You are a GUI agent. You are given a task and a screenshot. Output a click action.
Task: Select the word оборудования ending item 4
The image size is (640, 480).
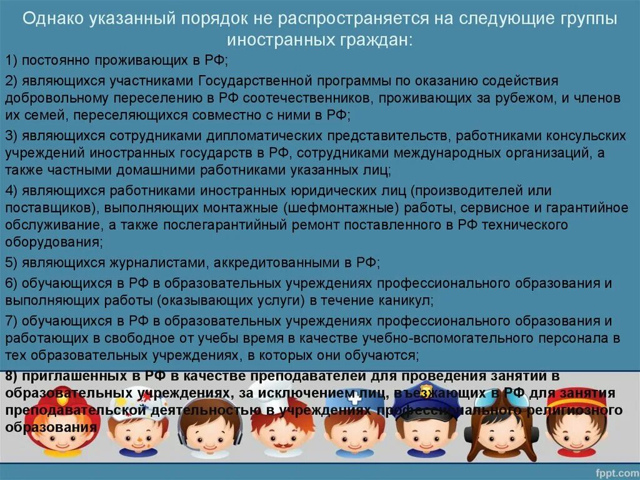coord(52,240)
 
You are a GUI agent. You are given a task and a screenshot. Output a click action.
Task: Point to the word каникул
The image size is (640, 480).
coord(404,300)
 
